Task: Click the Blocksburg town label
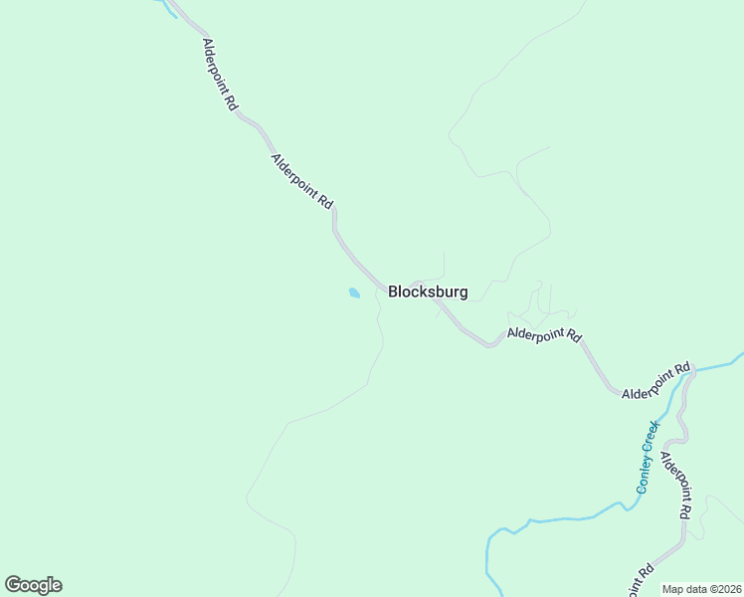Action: [428, 293]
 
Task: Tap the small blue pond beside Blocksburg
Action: [354, 293]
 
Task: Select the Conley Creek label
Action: [649, 459]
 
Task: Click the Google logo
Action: [33, 585]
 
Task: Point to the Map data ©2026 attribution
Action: [702, 589]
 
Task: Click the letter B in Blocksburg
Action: [394, 293]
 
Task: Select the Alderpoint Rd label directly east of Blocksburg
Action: [543, 335]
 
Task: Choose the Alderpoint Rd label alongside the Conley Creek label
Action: [675, 486]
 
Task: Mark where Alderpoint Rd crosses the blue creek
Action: [686, 373]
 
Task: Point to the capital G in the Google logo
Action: [14, 584]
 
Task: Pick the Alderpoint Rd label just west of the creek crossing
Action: [655, 382]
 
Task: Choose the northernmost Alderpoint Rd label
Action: [219, 75]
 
